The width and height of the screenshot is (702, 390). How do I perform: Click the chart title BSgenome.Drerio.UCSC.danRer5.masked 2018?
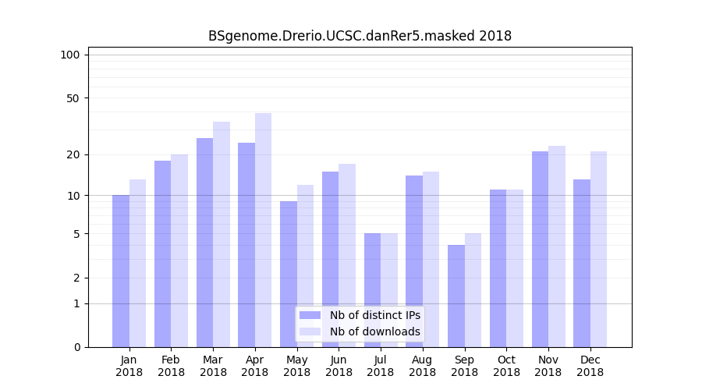pyautogui.click(x=360, y=36)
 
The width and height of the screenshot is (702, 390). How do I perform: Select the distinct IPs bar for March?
pyautogui.click(x=204, y=243)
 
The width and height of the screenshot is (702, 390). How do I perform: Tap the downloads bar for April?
pyautogui.click(x=263, y=230)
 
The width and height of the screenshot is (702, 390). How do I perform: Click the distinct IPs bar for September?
pyautogui.click(x=456, y=296)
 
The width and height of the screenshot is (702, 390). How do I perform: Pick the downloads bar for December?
pyautogui.click(x=598, y=250)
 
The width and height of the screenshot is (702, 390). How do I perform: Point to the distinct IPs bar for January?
pyautogui.click(x=121, y=271)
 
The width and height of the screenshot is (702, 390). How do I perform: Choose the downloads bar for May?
pyautogui.click(x=305, y=266)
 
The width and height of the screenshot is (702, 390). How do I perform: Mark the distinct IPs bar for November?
pyautogui.click(x=540, y=250)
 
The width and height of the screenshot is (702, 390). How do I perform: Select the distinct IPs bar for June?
pyautogui.click(x=330, y=260)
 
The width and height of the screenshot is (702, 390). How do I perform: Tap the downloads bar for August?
pyautogui.click(x=431, y=260)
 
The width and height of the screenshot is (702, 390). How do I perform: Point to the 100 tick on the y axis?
pyautogui.click(x=70, y=55)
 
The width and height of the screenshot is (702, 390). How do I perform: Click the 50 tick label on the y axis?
pyautogui.click(x=73, y=98)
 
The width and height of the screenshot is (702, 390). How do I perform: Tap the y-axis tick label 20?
pyautogui.click(x=73, y=154)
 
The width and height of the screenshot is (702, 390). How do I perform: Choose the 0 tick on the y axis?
pyautogui.click(x=76, y=347)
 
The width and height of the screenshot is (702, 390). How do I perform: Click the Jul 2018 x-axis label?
pyautogui.click(x=381, y=366)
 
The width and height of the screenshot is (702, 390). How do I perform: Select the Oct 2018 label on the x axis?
pyautogui.click(x=506, y=366)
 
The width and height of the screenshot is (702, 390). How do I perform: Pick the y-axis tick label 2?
pyautogui.click(x=76, y=278)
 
